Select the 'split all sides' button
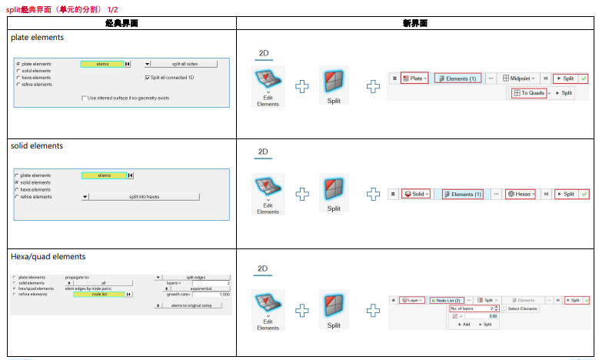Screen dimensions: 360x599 pos(185,64)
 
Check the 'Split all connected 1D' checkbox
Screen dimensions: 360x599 pos(147,78)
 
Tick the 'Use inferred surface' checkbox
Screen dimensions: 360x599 pos(84,98)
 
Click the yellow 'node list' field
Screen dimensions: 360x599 pos(98,294)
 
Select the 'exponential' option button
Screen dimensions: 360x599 pos(199,288)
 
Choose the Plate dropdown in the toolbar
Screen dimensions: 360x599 pos(414,78)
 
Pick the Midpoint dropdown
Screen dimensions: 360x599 pos(520,78)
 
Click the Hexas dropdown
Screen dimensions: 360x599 pos(522,194)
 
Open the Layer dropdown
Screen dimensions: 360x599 pos(413,300)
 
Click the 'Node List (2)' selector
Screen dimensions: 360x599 pos(447,300)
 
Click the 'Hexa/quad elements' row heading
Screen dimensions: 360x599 pos(48,256)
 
